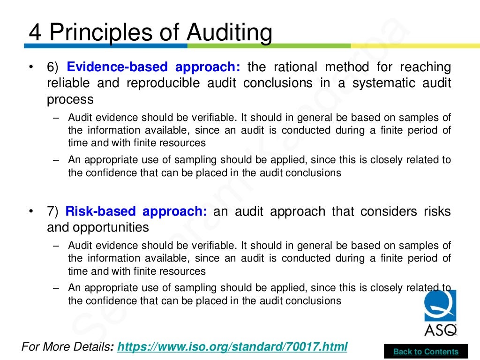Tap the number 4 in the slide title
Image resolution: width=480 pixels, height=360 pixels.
pyautogui.click(x=35, y=33)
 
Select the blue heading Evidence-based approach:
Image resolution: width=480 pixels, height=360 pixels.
pyautogui.click(x=153, y=67)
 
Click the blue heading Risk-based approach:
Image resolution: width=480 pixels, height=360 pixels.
pyautogui.click(x=136, y=211)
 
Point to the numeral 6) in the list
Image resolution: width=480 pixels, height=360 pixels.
pyautogui.click(x=52, y=67)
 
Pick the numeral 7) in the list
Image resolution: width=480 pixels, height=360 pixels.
pyautogui.click(x=52, y=212)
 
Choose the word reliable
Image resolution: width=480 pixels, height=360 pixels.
pyautogui.click(x=68, y=83)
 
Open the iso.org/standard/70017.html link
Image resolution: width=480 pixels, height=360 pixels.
pyautogui.click(x=232, y=347)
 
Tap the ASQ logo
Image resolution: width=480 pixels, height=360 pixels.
pyautogui.click(x=440, y=312)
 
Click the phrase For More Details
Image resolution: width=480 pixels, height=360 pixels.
pyautogui.click(x=65, y=347)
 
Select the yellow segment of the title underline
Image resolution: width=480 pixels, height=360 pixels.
pyautogui.click(x=415, y=46)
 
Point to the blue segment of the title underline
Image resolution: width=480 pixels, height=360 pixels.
pyautogui.click(x=105, y=46)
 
